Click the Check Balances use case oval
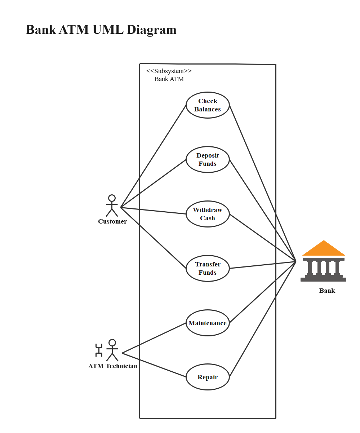(208, 105)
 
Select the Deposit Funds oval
(208, 159)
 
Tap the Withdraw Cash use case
(208, 214)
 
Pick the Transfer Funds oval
(208, 268)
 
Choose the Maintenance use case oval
(208, 323)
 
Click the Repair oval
(208, 377)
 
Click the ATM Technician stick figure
(112, 350)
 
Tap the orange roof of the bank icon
(324, 249)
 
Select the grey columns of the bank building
(324, 267)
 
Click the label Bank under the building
(327, 291)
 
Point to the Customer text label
(112, 221)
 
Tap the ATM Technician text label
(113, 366)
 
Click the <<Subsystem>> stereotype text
(169, 71)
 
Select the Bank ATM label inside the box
(169, 79)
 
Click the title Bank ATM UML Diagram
(101, 30)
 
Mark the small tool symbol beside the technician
(99, 350)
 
